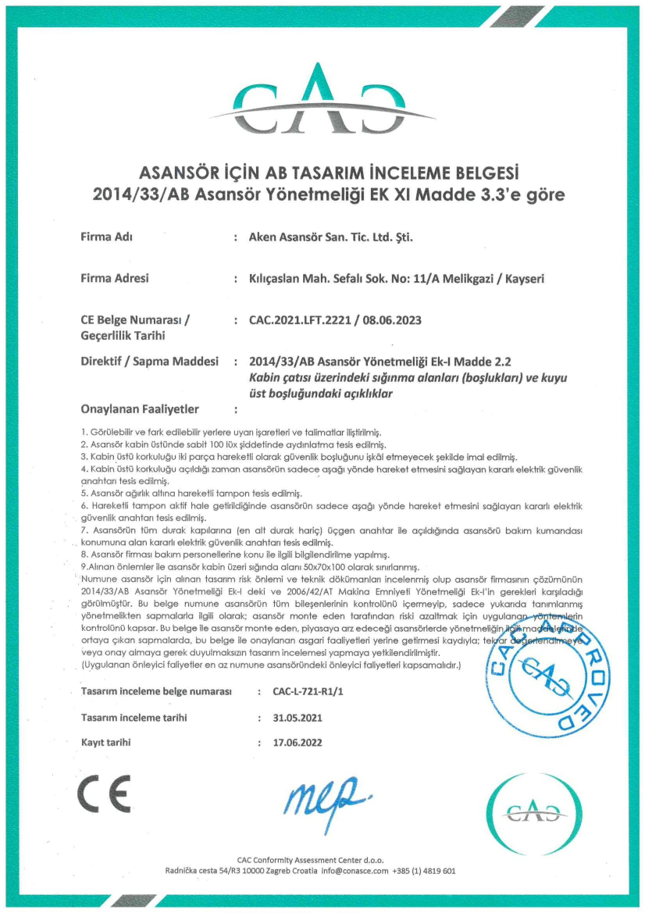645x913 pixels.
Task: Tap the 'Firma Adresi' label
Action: [115, 277]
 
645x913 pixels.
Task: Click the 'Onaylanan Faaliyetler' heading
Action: [140, 408]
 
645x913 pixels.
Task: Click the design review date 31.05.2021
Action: [297, 717]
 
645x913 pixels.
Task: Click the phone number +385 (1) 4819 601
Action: [424, 870]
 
